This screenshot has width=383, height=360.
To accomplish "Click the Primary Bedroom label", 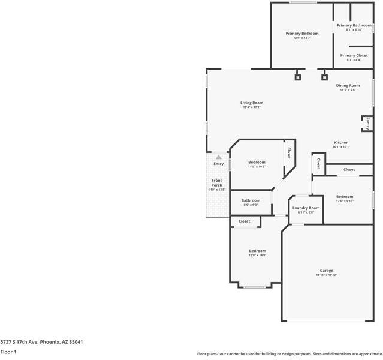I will pos(301,34).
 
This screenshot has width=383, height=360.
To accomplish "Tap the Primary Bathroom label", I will pos(354,25).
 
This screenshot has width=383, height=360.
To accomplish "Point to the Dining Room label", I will pos(348,86).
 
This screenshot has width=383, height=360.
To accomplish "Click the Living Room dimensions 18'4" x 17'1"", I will pos(252,107).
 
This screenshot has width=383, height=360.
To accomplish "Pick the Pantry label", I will pos(367,124).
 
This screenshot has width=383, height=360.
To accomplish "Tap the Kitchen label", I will pos(341,143).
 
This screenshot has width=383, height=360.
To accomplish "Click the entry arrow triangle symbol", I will pos(218,157).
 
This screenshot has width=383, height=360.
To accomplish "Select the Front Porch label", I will pos(216,183).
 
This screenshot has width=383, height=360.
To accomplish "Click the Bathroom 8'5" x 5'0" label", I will pos(251,200).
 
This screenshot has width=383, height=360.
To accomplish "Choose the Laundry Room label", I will pos(306,208).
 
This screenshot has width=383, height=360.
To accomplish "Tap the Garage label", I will pos(327,271).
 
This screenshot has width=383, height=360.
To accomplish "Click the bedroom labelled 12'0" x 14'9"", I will pos(257,251).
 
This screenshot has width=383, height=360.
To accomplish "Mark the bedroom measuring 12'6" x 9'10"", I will pos(344,197).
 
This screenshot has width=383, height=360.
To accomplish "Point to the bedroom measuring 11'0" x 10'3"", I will pos(257,163).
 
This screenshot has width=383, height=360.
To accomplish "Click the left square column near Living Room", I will pos(297,77).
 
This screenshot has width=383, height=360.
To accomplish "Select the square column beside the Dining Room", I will pos(324,77).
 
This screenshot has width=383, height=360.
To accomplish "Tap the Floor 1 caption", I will pos(8,352).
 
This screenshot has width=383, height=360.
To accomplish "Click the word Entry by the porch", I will pos(218,164).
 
